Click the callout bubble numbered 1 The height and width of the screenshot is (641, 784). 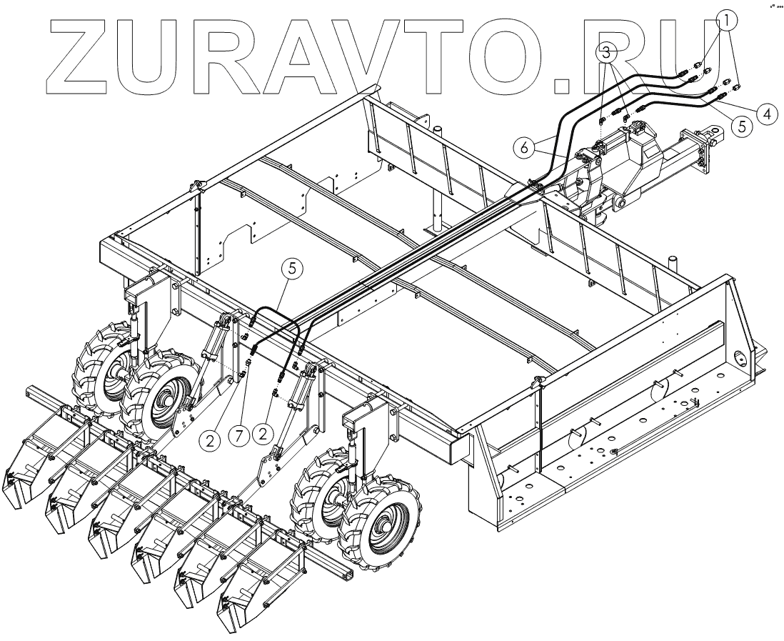(725, 21)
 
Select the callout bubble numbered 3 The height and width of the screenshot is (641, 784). (607, 52)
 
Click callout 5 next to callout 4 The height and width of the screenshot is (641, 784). (741, 126)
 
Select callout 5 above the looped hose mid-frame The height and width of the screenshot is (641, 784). (293, 269)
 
